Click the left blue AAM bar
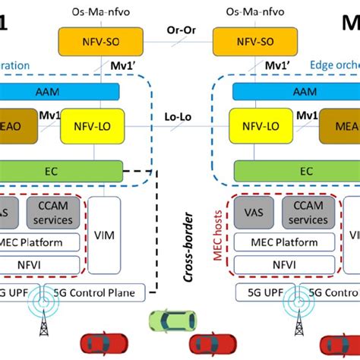(x=61, y=91)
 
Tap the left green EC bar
(x=61, y=172)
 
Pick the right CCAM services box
(x=308, y=213)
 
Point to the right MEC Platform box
(x=286, y=242)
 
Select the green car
(x=169, y=321)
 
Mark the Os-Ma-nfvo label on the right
(x=249, y=11)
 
